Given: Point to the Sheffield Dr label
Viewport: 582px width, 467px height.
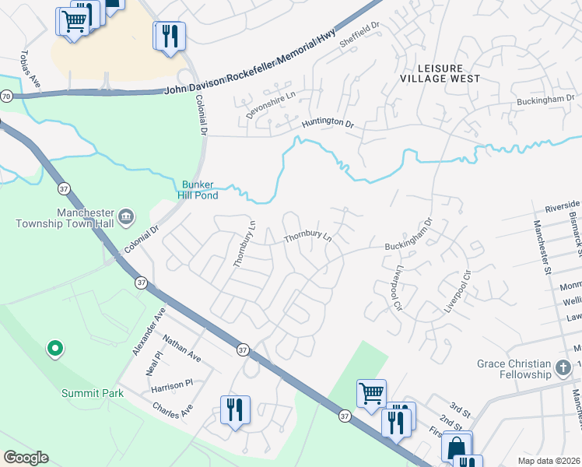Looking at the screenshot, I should tap(359, 35).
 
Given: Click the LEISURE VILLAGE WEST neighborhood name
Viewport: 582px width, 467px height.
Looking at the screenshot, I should tap(440, 73).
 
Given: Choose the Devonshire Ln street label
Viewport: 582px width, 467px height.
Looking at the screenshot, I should tap(271, 104).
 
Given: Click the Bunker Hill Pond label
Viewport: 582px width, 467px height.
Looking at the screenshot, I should tap(200, 190).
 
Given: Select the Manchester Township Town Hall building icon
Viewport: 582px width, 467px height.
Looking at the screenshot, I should tap(126, 215).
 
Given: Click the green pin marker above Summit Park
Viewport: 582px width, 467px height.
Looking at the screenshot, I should tap(54, 350).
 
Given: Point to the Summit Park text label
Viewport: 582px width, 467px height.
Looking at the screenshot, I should tap(93, 393).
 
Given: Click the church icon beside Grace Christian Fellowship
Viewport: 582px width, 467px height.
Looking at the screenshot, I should tap(564, 365).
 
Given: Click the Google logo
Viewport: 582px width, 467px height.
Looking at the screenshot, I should tap(26, 458).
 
